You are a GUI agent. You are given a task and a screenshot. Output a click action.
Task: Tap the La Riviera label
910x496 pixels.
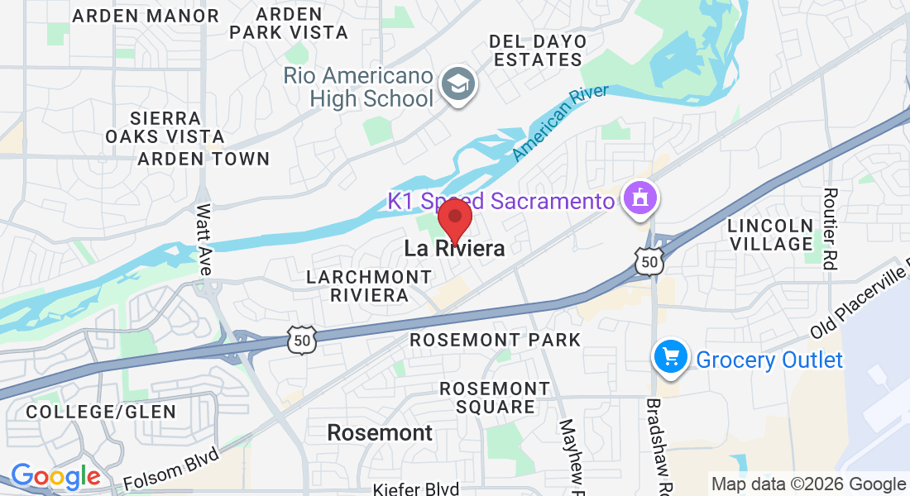[454, 248]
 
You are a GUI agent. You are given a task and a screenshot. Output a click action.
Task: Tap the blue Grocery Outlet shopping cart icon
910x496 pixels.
[671, 358]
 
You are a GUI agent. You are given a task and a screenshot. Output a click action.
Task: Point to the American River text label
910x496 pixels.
[560, 122]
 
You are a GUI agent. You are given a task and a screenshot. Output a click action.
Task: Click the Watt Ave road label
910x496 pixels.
[204, 240]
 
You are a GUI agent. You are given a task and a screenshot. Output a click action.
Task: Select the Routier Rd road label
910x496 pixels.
[830, 227]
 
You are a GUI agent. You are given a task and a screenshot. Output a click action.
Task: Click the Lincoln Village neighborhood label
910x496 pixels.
[770, 235]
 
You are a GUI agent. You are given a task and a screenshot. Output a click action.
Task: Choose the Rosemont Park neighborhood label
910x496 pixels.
[496, 340]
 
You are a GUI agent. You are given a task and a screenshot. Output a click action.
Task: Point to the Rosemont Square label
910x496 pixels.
[495, 397]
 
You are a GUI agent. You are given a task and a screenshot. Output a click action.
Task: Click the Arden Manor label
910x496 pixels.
[146, 16]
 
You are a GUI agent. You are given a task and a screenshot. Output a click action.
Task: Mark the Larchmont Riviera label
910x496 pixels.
[358, 285]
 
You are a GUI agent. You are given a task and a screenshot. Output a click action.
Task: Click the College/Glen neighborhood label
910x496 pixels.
[101, 412]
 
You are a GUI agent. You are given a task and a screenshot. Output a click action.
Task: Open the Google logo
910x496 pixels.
[55, 476]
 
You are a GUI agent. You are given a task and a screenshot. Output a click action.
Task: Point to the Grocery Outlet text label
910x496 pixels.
[769, 360]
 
